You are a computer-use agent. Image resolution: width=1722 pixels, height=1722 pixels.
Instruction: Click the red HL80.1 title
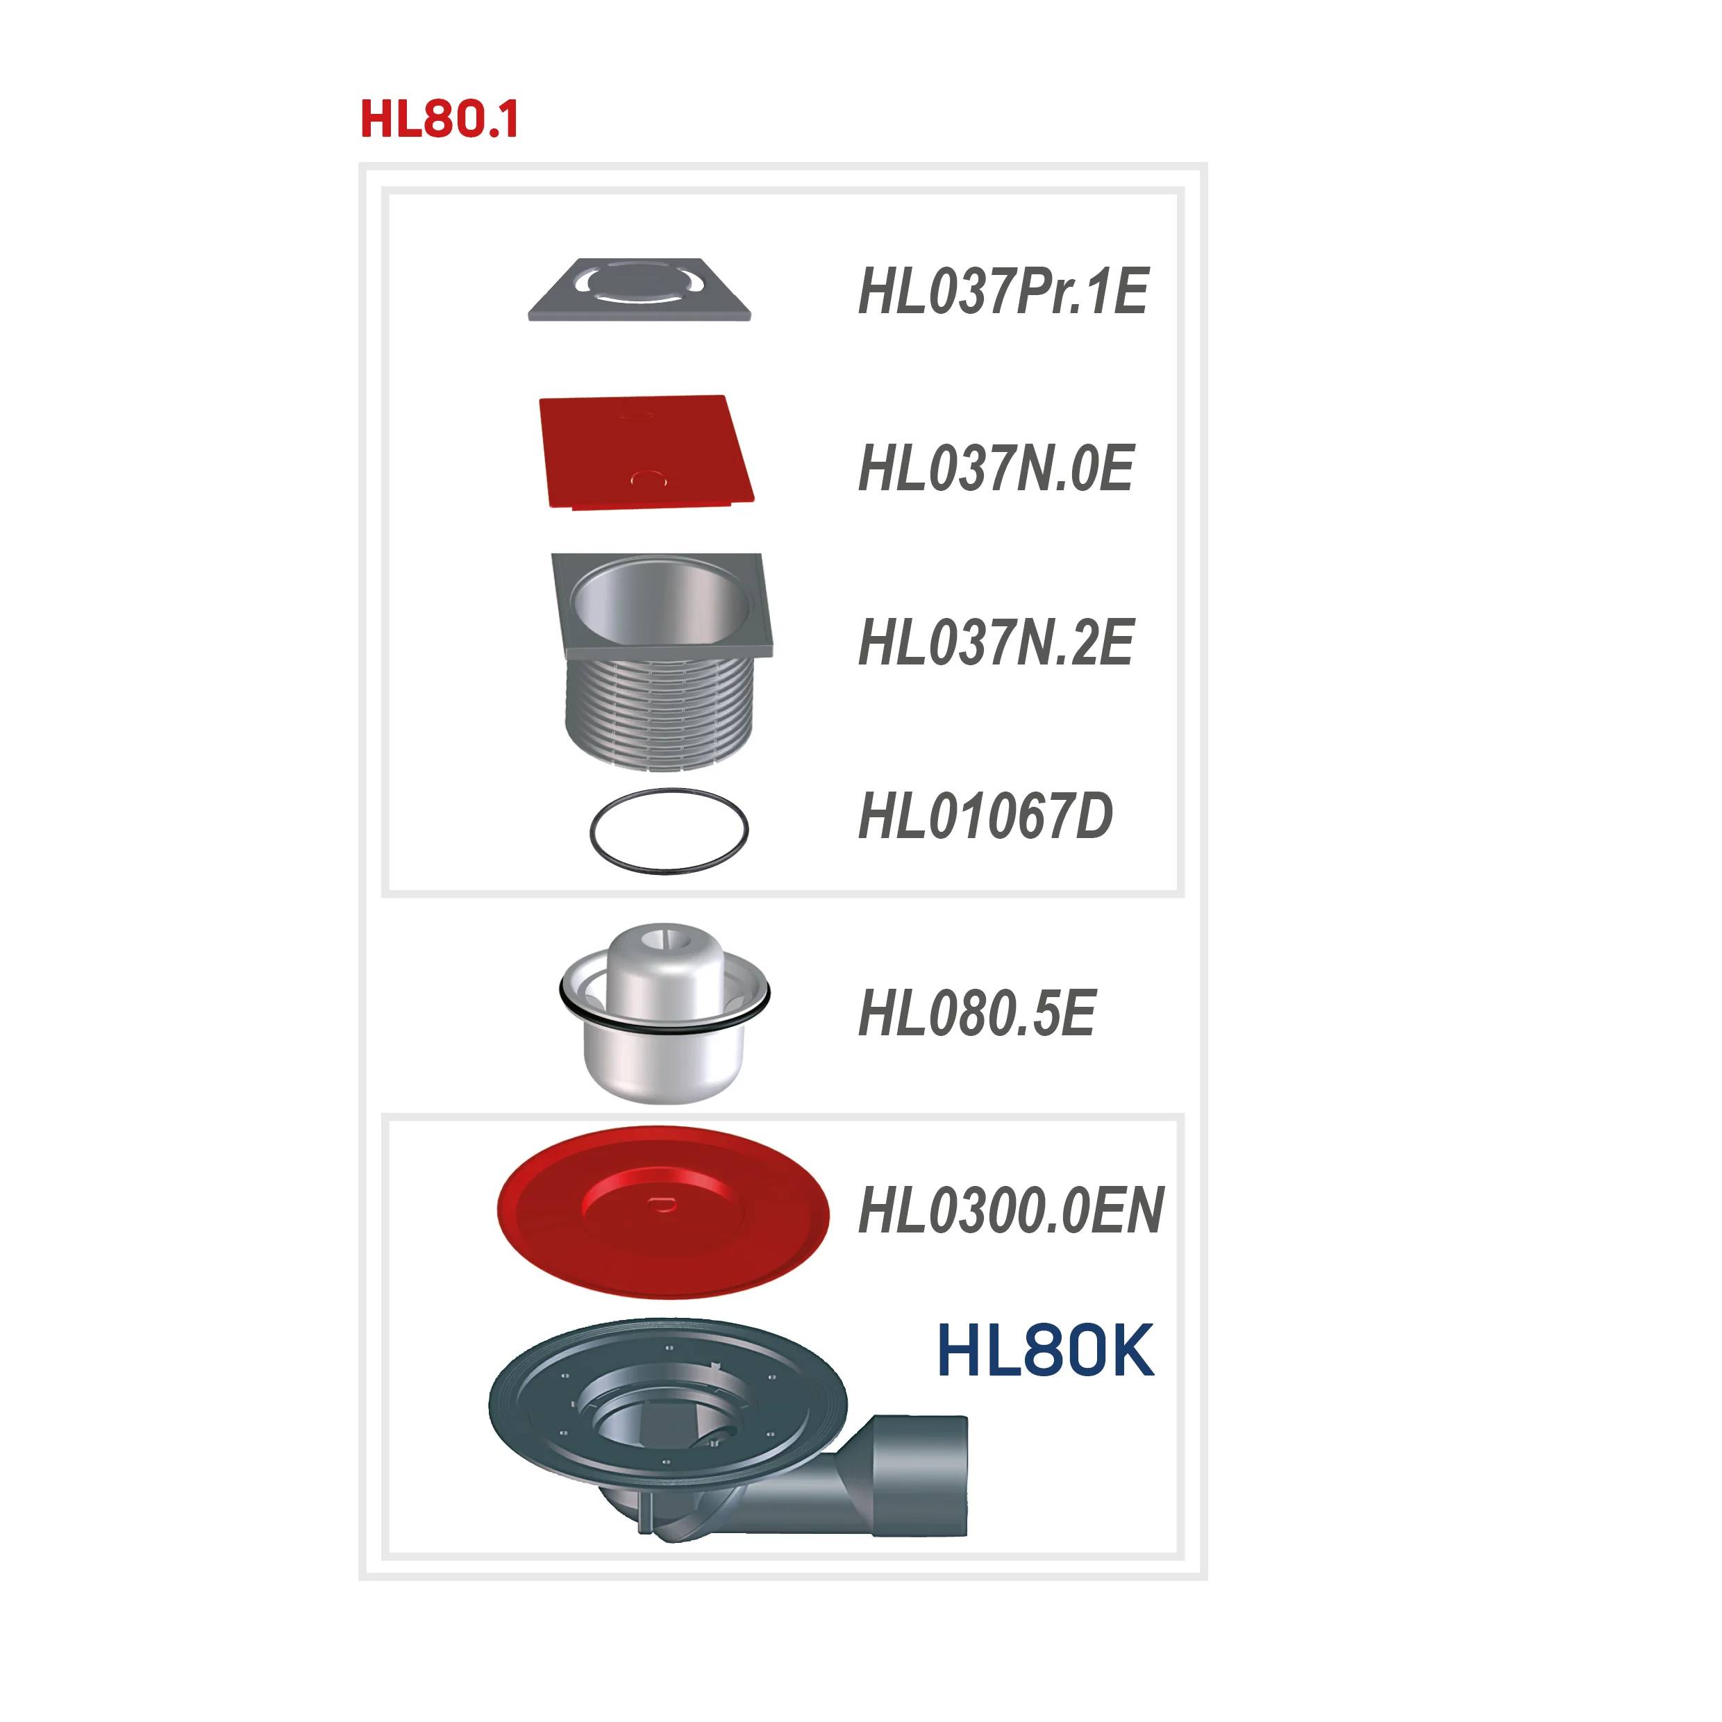(440, 119)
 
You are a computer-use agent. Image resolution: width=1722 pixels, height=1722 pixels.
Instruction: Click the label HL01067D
(985, 816)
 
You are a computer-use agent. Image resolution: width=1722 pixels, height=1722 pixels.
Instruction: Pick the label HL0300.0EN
(1011, 1210)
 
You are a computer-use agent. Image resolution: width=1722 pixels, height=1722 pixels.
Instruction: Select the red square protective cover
(646, 452)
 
